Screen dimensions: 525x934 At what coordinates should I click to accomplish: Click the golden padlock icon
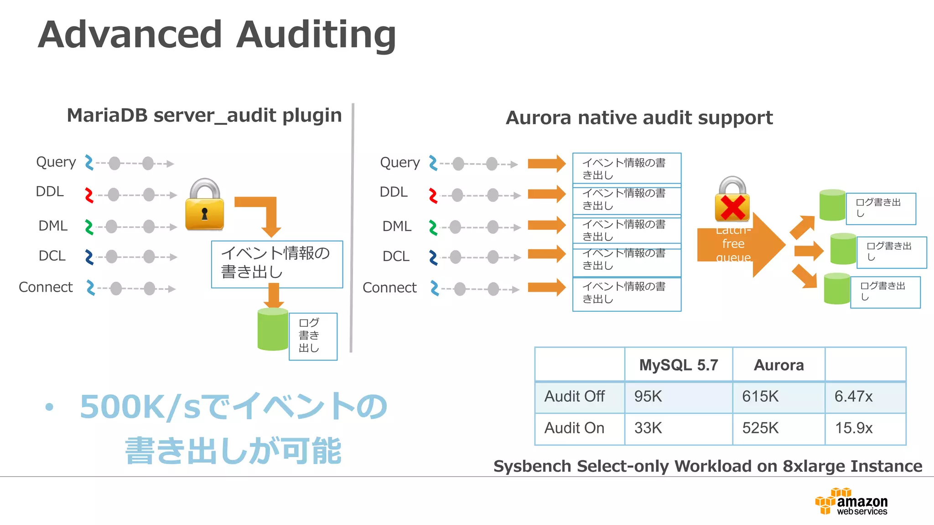pyautogui.click(x=205, y=205)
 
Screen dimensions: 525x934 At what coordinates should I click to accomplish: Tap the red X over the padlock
pyautogui.click(x=732, y=207)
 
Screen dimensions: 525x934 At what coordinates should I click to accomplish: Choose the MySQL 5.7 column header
pyautogui.click(x=678, y=365)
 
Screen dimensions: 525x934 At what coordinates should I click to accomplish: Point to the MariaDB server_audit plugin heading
pyautogui.click(x=204, y=115)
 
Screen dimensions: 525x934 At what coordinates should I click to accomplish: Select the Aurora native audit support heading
pyautogui.click(x=639, y=118)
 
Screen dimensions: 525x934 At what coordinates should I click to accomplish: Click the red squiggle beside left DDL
pyautogui.click(x=89, y=195)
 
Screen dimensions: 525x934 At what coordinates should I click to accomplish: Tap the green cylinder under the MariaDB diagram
pyautogui.click(x=273, y=329)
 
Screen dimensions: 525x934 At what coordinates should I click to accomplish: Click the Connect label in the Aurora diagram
pyautogui.click(x=389, y=288)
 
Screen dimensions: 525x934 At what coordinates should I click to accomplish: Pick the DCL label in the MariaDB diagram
pyautogui.click(x=52, y=256)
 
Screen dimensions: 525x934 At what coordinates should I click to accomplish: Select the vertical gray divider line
pyautogui.click(x=352, y=228)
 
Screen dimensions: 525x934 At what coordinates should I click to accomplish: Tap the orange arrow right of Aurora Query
pyautogui.click(x=546, y=164)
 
